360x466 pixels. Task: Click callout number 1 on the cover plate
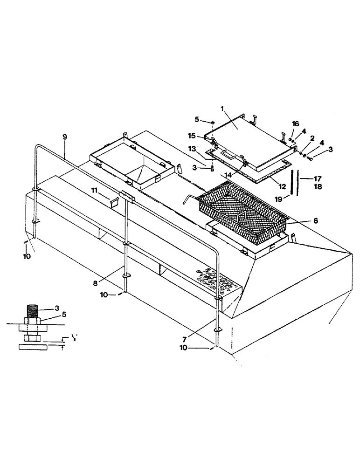(223, 108)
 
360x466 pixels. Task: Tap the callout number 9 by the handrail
(64, 137)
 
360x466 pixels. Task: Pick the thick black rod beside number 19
(291, 185)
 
